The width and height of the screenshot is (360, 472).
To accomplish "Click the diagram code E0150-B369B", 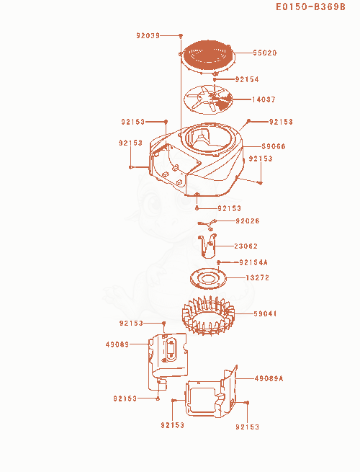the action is tap(310, 7).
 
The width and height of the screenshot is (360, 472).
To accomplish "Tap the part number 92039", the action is tap(148, 35).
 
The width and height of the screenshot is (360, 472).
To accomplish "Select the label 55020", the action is tap(265, 53).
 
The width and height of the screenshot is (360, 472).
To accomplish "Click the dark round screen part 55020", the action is tap(207, 56).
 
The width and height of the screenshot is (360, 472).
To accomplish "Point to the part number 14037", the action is tap(264, 99).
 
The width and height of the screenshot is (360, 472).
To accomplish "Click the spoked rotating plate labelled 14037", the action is tap(208, 99).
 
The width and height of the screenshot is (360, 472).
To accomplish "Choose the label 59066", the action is tap(274, 146).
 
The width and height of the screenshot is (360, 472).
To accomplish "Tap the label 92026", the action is tap(247, 221).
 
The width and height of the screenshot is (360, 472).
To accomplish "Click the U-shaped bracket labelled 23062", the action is tap(207, 246).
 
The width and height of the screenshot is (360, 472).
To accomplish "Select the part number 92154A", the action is tap(253, 262).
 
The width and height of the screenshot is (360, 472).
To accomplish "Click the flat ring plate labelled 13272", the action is tap(208, 278).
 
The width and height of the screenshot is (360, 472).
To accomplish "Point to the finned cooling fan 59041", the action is tap(208, 315).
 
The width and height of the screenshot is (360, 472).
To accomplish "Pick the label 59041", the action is tap(265, 313).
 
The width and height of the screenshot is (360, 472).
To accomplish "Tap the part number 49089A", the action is tap(269, 378).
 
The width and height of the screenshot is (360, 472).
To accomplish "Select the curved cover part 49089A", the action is tap(212, 392).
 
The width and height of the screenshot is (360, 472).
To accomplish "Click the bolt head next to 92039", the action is tap(181, 36).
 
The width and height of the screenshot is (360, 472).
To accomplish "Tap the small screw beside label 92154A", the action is tap(219, 262).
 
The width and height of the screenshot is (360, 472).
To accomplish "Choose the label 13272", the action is tap(257, 278).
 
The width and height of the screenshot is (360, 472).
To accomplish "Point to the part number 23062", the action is tap(246, 246).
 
